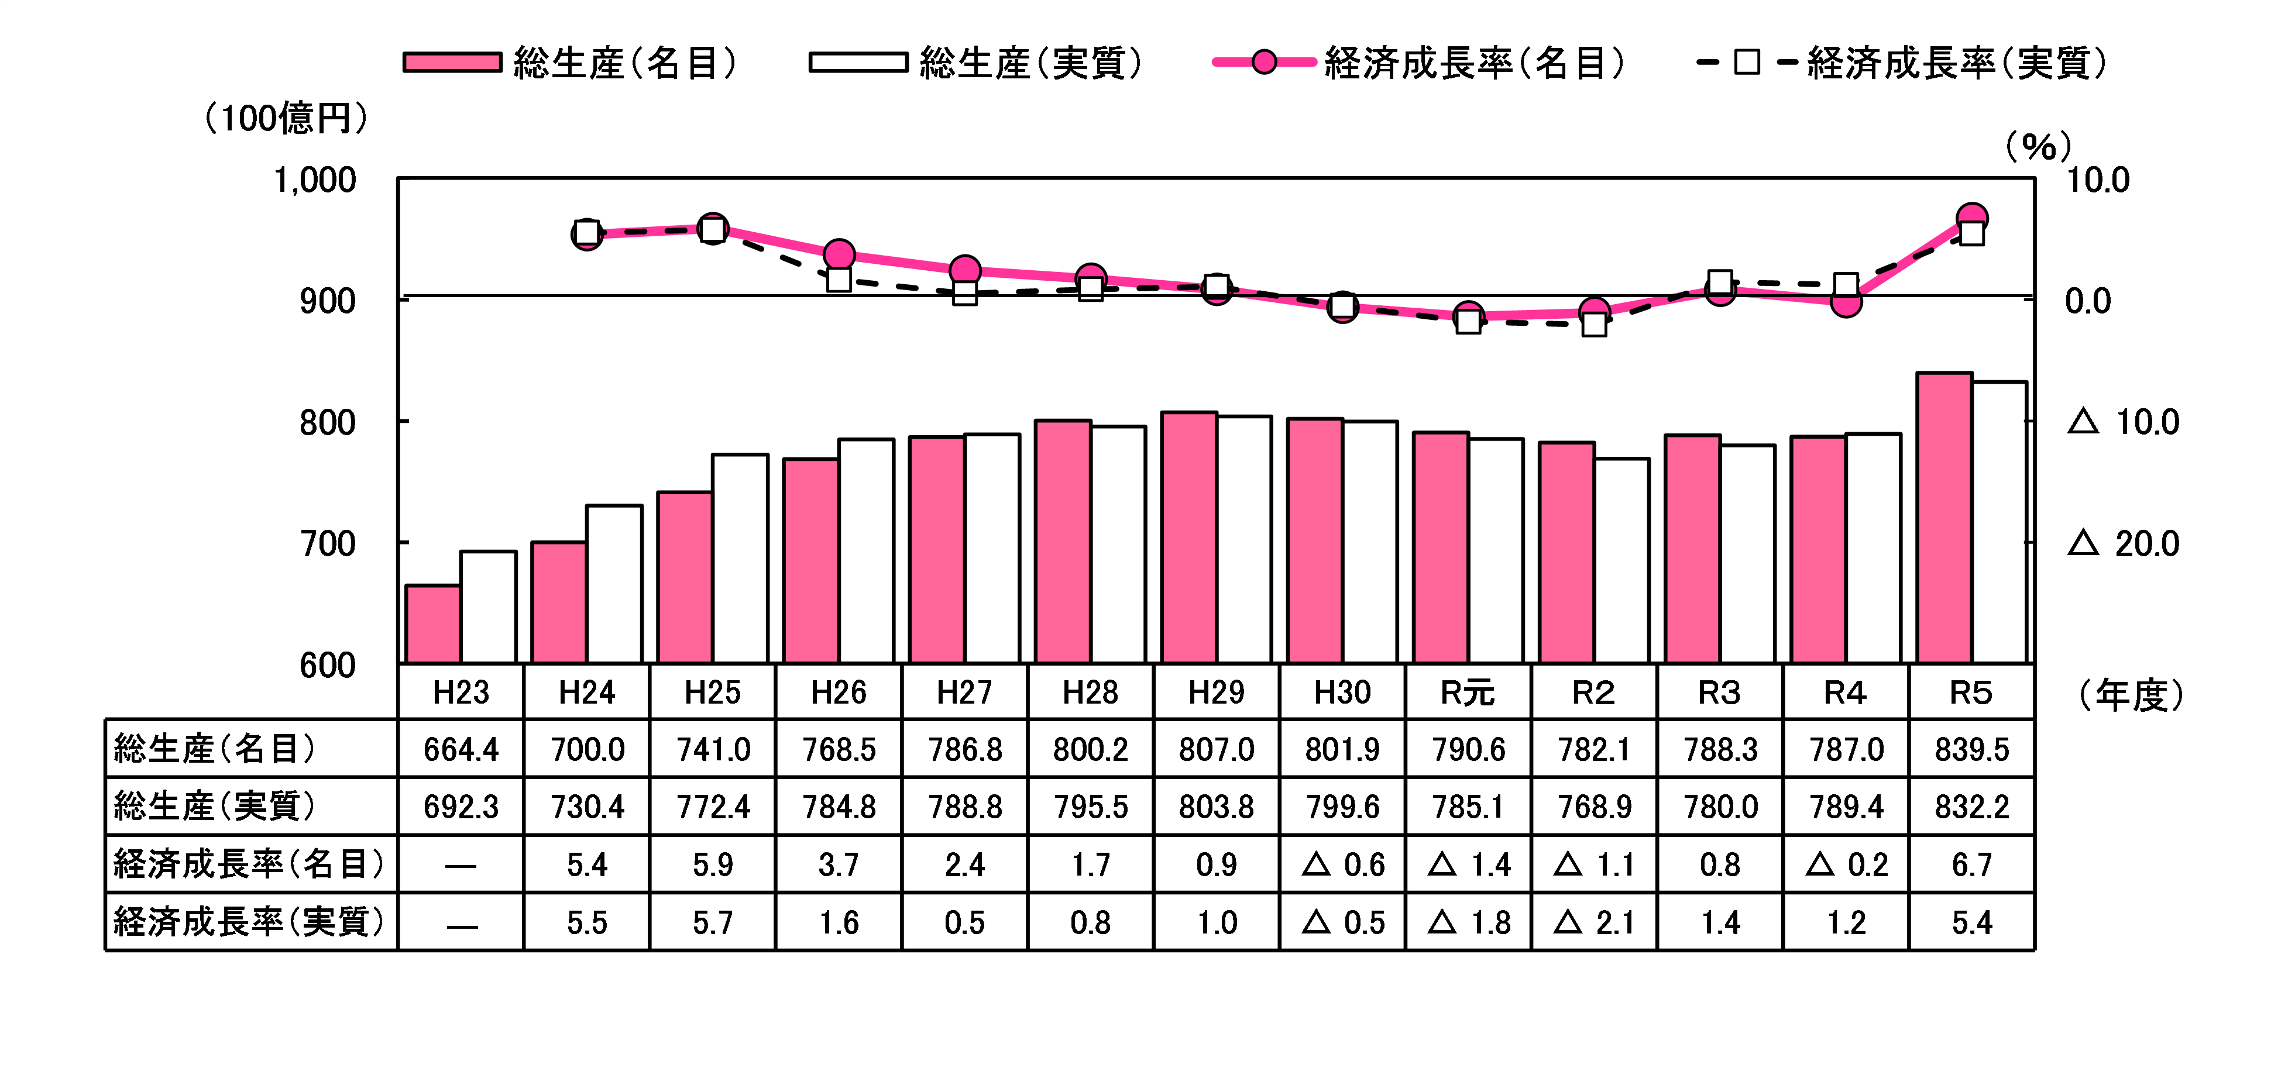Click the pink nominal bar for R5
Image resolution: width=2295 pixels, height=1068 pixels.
point(1944,518)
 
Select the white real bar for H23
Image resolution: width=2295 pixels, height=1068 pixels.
point(487,608)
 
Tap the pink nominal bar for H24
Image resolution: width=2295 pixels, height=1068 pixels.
point(559,603)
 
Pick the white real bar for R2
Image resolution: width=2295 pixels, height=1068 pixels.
point(1621,561)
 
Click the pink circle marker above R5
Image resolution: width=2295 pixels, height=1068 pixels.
point(1971,218)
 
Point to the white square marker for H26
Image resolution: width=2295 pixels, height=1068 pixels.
point(839,280)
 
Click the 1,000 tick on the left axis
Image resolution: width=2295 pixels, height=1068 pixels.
point(314,180)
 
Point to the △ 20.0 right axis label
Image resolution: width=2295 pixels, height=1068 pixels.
point(2122,543)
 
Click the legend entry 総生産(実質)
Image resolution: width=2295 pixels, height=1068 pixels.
point(975,63)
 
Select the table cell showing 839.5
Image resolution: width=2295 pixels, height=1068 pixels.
point(1971,749)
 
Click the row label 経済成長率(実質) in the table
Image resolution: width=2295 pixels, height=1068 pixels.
point(249,922)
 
